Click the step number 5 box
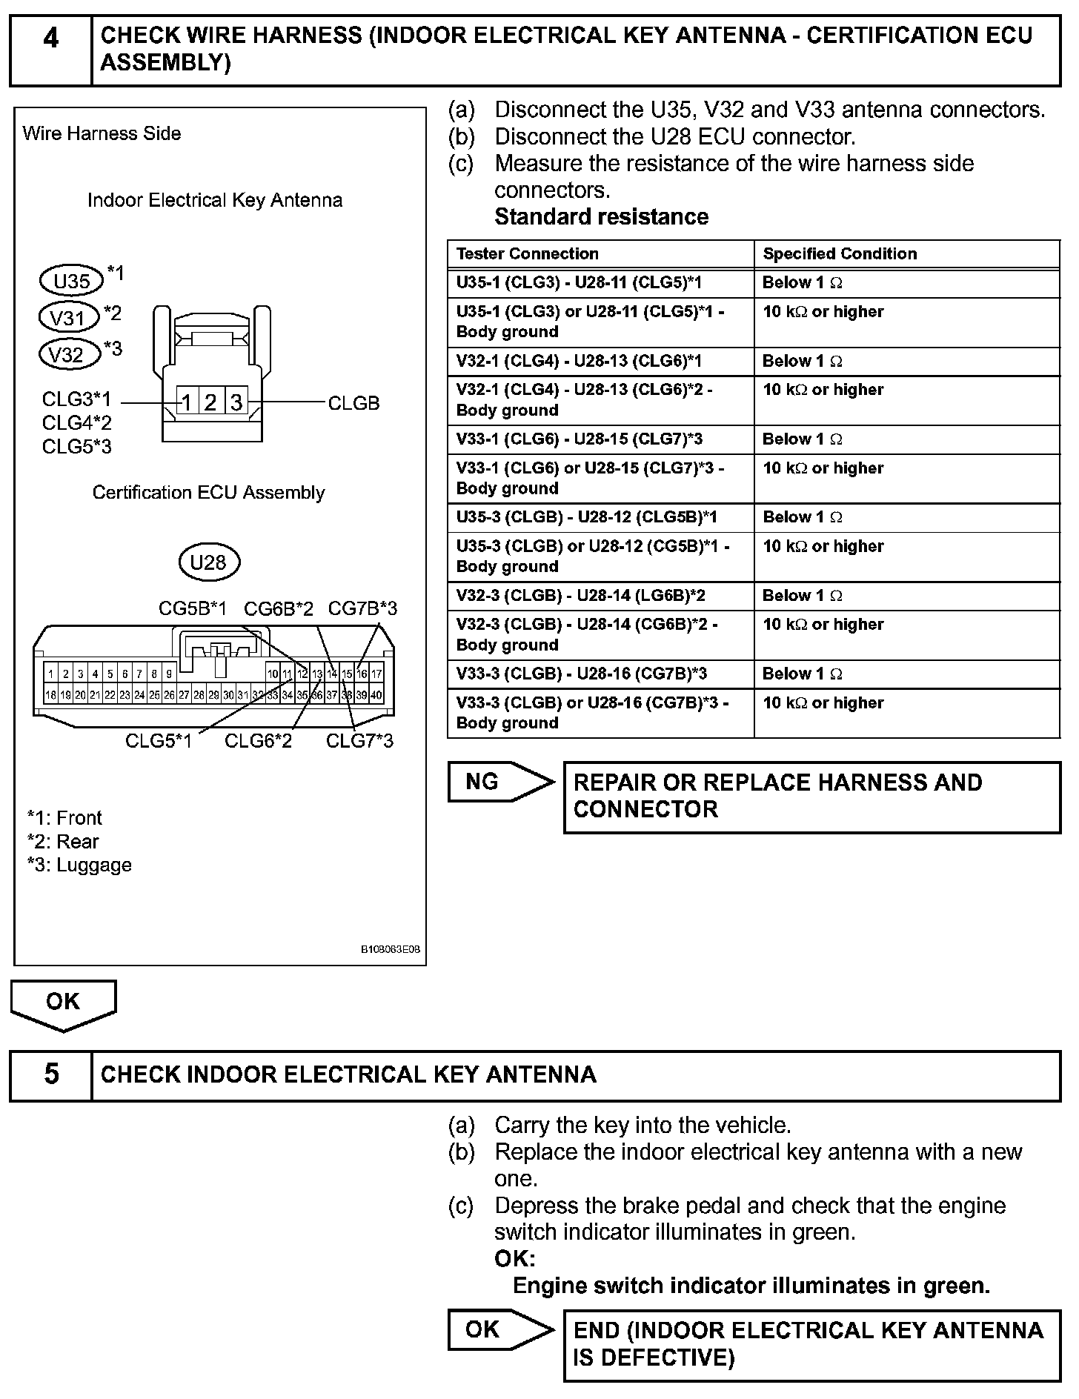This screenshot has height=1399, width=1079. (50, 1074)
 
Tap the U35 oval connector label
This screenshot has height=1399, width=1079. (71, 281)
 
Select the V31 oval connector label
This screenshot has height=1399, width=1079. (68, 318)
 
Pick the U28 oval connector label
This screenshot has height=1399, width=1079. (208, 562)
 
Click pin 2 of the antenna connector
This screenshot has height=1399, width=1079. (211, 402)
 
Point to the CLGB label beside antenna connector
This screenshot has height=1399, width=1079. (353, 403)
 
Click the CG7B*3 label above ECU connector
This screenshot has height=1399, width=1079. (362, 608)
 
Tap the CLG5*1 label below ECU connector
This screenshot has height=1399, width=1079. (159, 740)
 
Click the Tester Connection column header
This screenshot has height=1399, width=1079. (527, 254)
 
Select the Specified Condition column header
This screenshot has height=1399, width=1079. (840, 254)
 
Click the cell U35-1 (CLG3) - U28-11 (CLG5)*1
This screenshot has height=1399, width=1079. (579, 283)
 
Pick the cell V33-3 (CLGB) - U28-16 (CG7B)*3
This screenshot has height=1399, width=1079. (581, 674)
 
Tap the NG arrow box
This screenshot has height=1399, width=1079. (499, 782)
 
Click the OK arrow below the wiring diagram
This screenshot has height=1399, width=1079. (63, 1003)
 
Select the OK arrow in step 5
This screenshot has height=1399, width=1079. (499, 1330)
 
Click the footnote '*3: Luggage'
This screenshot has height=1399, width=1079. (79, 865)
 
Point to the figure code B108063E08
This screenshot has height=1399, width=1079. (391, 949)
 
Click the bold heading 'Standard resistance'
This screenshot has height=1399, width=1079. (601, 217)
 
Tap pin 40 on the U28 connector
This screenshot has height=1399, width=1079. (376, 695)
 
